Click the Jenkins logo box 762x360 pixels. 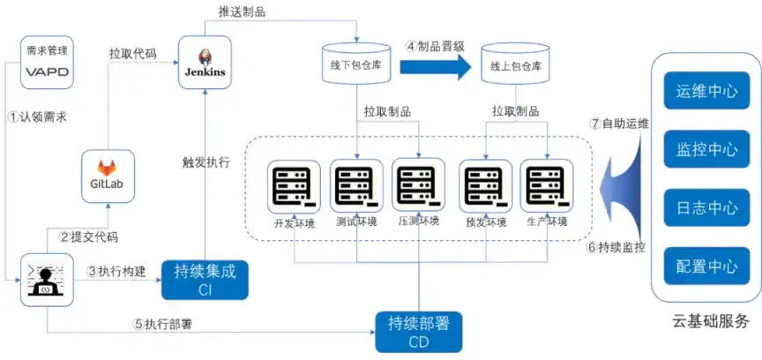(205, 61)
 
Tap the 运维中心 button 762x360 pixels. (706, 91)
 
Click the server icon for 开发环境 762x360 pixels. (295, 186)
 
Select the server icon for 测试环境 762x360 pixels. (357, 186)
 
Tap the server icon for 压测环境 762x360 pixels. (419, 186)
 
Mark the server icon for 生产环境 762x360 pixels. (547, 186)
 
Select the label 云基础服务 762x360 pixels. (710, 320)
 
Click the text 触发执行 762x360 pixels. (205, 162)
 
